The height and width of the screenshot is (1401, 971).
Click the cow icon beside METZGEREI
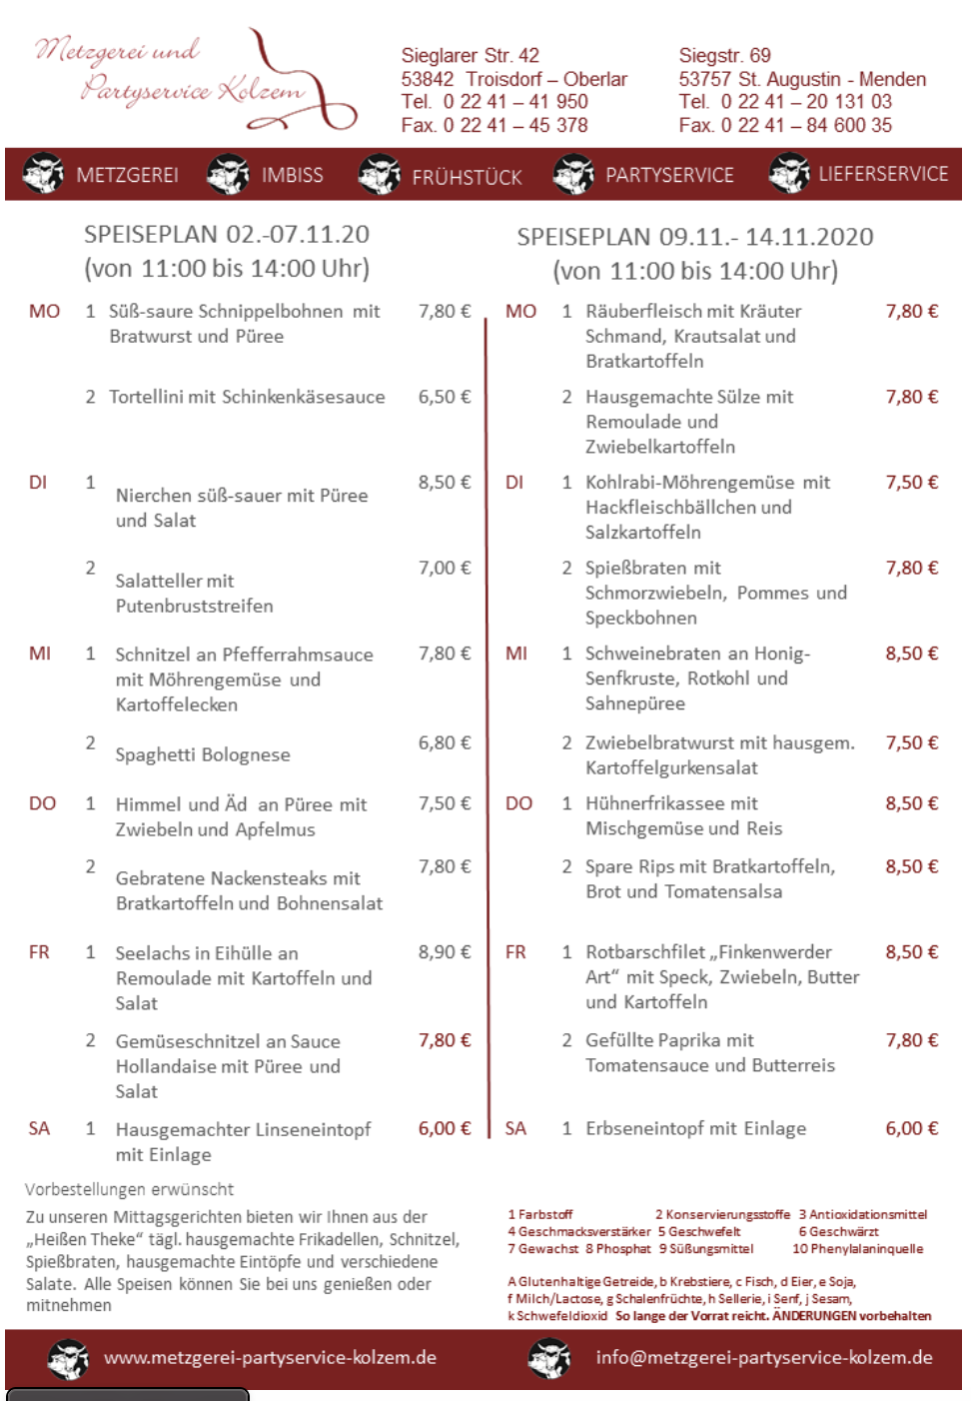43,173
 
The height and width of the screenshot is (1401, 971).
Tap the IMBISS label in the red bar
292,175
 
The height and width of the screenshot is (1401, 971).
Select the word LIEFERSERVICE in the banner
883,174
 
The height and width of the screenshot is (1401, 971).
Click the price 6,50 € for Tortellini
444,397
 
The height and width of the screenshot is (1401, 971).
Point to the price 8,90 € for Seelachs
444,952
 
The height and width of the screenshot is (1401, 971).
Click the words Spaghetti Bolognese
203,754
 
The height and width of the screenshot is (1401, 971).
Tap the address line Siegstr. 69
724,55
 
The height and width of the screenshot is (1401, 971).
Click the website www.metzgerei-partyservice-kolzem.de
270,1357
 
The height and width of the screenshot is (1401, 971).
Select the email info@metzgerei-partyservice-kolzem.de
763,1357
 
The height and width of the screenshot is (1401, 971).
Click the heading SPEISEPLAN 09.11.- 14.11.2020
694,237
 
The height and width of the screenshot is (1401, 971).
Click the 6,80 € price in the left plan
444,742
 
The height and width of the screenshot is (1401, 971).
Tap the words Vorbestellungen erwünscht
129,1189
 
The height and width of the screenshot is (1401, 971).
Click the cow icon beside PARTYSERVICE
573,174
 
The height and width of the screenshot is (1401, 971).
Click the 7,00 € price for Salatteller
444,568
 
